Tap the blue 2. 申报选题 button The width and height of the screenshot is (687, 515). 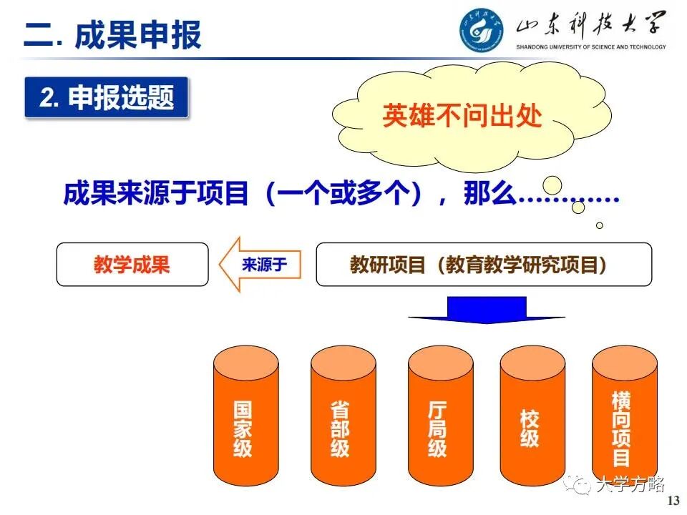[107, 98]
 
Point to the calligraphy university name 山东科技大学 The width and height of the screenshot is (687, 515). [591, 27]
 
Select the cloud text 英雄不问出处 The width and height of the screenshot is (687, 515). [462, 116]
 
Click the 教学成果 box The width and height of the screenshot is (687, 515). [132, 265]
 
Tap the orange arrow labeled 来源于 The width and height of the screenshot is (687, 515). [260, 265]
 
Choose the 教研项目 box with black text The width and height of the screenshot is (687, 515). [484, 265]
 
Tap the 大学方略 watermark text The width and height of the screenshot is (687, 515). [630, 486]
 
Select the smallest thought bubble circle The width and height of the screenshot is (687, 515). [600, 225]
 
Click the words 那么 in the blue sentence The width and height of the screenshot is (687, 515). [489, 194]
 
